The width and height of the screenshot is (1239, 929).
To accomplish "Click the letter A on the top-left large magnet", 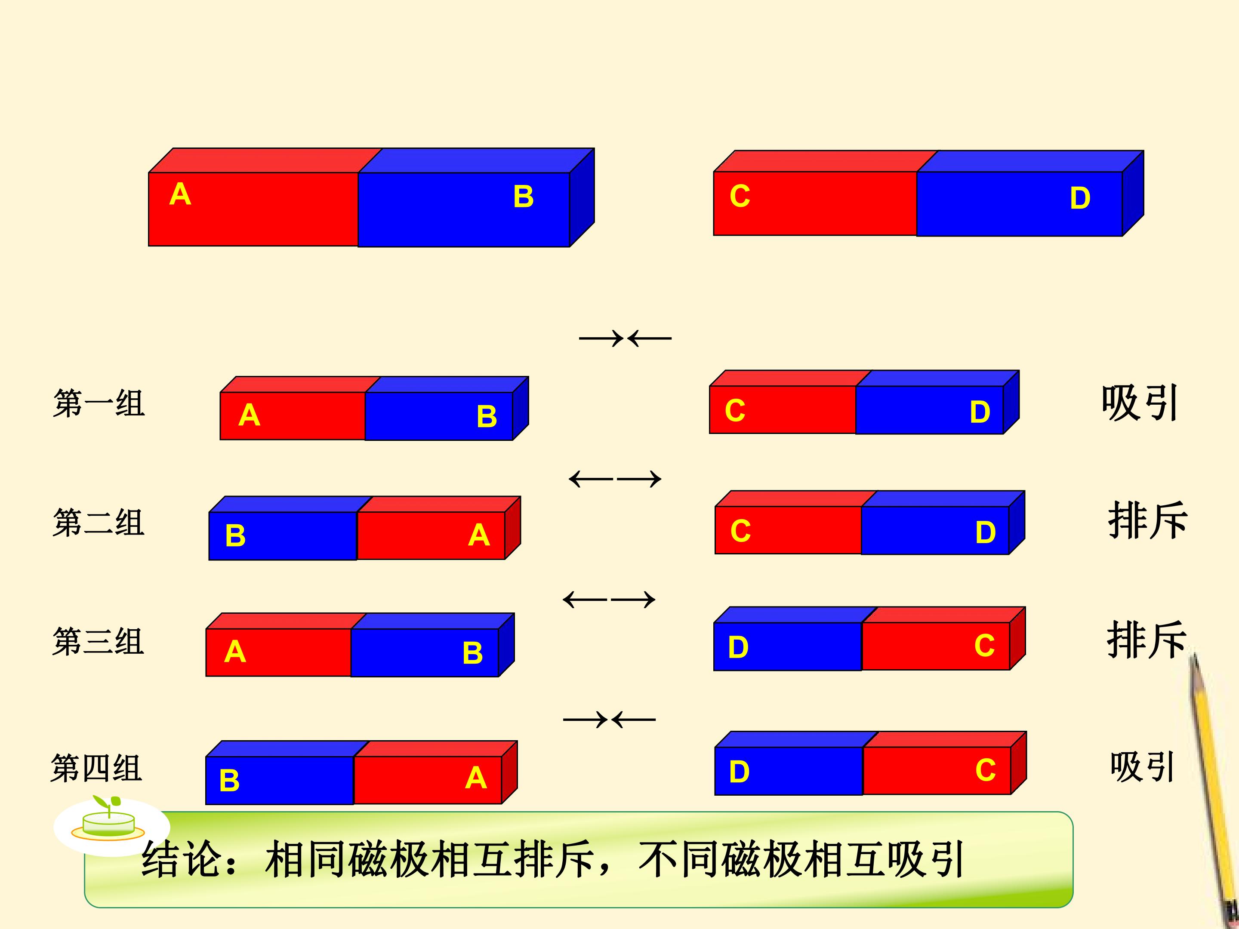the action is click(180, 194).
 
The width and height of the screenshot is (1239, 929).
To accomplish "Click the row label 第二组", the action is click(99, 523).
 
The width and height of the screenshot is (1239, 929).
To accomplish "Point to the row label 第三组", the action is click(98, 641).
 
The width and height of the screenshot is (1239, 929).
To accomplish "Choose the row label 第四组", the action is click(96, 768).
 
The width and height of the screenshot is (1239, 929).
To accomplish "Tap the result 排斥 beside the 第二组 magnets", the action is click(1147, 521).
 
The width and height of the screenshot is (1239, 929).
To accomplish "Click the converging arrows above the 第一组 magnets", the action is click(625, 338).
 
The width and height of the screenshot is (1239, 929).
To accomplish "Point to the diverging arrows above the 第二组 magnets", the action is click(615, 479).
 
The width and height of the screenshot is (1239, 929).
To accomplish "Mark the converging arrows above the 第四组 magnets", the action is click(610, 720).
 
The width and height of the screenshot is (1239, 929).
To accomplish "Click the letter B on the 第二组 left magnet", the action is click(235, 535).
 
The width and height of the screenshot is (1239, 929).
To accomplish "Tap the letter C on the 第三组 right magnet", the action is click(985, 646).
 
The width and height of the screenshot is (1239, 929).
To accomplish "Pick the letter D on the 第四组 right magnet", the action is click(740, 772).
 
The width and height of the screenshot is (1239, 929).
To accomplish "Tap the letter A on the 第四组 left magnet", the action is click(476, 778).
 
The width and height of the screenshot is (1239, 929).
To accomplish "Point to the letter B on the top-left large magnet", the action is click(523, 197).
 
